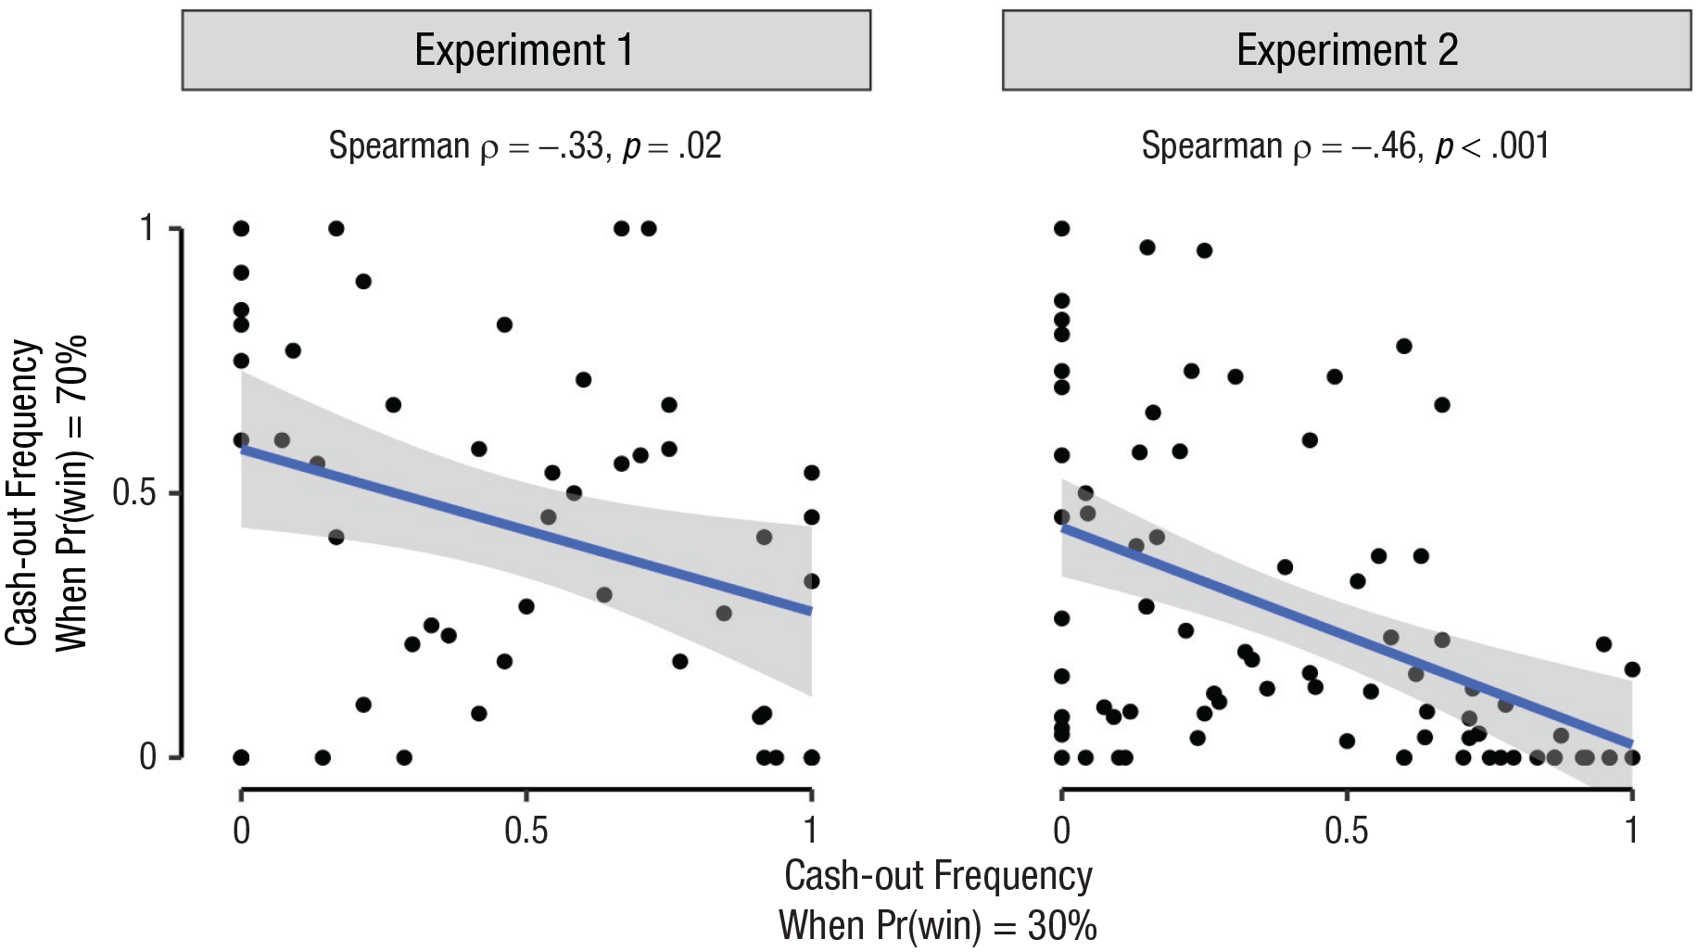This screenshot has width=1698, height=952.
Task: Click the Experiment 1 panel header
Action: (526, 50)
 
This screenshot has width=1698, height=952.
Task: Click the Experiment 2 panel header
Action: (1347, 50)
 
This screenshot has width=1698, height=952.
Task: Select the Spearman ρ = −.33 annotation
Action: (526, 146)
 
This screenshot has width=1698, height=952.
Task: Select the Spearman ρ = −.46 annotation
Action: (1345, 146)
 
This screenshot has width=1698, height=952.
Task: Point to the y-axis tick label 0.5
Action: (133, 492)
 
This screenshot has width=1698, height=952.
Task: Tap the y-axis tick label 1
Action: (146, 228)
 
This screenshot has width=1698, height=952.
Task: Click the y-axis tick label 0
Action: (147, 756)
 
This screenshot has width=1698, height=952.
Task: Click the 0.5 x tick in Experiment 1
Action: (526, 830)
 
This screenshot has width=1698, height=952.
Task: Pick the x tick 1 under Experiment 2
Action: (1631, 830)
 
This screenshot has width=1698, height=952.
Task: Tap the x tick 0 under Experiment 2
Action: (1062, 830)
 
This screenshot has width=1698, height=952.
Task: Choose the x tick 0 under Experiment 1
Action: (241, 830)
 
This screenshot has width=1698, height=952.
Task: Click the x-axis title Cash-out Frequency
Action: (938, 876)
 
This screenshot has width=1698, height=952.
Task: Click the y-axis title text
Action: (46, 492)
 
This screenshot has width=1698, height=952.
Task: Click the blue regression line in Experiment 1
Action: (526, 530)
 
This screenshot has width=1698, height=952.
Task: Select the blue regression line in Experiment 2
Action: (1347, 636)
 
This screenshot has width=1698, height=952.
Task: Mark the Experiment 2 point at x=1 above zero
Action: (1632, 669)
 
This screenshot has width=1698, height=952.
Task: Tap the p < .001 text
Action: (1492, 146)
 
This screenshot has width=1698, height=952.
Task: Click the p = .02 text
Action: (672, 146)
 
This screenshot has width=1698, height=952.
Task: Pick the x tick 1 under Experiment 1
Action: (811, 830)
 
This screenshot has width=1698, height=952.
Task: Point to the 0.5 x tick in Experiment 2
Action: (1346, 830)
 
